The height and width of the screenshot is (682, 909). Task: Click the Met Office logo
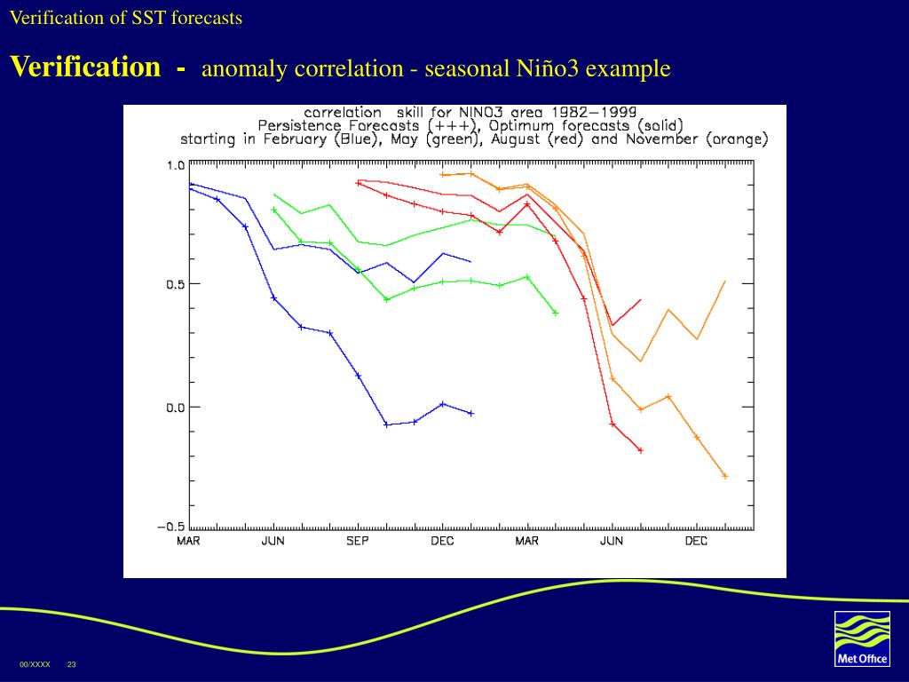coord(862,638)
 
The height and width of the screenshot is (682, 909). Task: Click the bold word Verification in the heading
coord(85,67)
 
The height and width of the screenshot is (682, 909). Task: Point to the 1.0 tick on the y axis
coord(175,165)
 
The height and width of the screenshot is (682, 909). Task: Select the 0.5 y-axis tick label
coord(175,284)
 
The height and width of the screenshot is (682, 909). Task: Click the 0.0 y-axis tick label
coord(175,407)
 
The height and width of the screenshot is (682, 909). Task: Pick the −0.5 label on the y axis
coord(171,527)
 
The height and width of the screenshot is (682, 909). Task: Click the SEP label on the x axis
coord(358,541)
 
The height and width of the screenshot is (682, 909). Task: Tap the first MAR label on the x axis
coord(188,541)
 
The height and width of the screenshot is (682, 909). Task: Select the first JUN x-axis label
coord(273,541)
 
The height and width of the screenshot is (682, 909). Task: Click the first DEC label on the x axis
coord(442,541)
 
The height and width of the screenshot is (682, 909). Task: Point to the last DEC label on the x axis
coord(696,541)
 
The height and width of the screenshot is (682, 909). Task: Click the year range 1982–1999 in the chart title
coord(593,113)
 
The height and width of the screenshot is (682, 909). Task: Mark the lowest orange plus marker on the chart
coord(725,476)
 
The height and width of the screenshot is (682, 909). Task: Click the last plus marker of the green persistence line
coord(556,313)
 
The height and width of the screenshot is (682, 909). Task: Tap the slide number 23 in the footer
coord(72,665)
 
